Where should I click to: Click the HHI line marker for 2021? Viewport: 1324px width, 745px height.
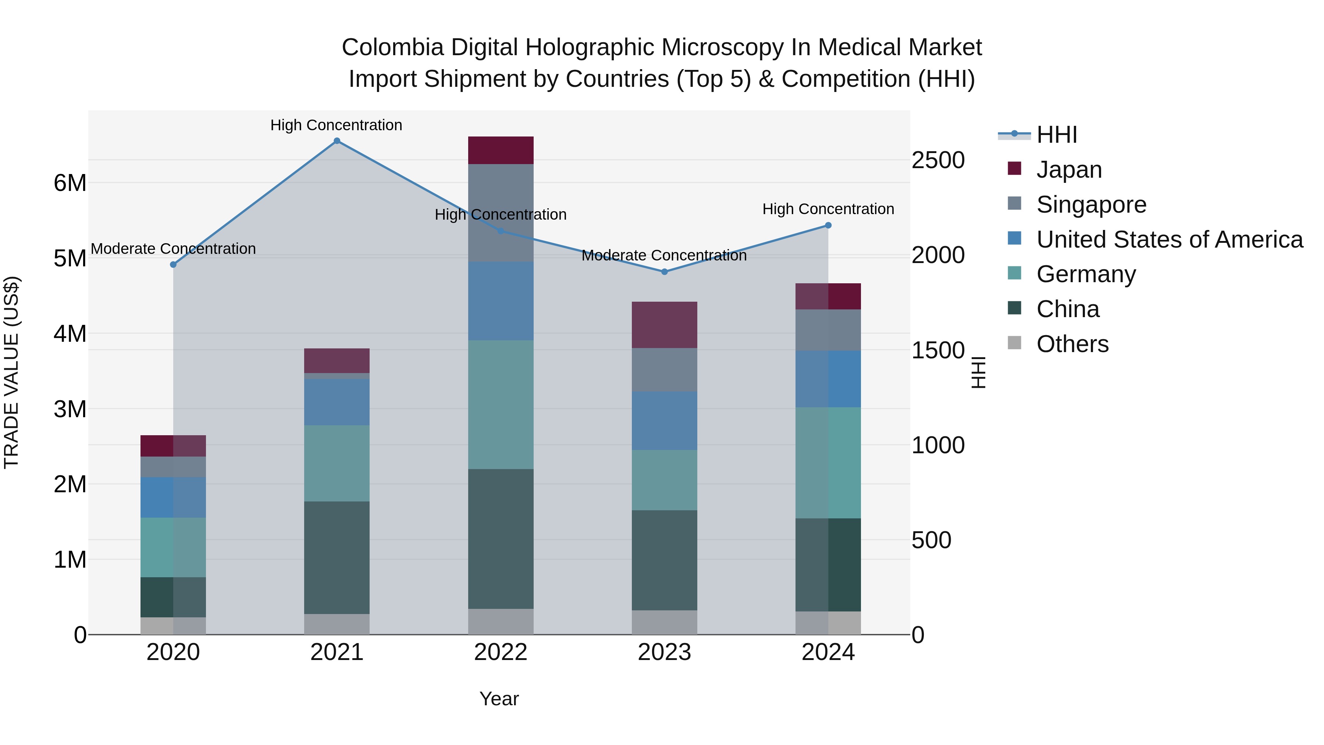[x=337, y=141]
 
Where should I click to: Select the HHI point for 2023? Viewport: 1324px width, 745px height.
[x=664, y=272]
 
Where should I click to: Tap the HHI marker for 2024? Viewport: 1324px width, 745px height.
[x=828, y=225]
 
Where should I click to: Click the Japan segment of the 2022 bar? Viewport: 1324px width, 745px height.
[x=501, y=150]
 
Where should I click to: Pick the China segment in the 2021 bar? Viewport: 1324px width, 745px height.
[x=337, y=557]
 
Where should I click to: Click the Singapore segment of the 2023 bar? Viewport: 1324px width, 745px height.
[x=664, y=370]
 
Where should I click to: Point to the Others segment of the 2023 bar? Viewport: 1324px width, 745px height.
[x=664, y=622]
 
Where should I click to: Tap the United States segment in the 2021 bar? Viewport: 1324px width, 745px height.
[x=337, y=402]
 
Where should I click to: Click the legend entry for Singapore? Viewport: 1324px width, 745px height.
[x=1091, y=205]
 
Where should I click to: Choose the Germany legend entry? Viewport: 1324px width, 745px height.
[x=1086, y=274]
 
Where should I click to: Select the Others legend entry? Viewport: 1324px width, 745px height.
[x=1072, y=344]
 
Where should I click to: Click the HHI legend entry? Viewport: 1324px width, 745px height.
[x=1056, y=135]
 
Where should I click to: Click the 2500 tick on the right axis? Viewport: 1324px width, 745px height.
[x=938, y=160]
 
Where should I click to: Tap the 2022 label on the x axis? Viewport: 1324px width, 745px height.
[x=501, y=652]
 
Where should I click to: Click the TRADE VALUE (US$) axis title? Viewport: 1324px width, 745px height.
[x=12, y=372]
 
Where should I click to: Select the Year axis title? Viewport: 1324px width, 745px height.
[x=499, y=699]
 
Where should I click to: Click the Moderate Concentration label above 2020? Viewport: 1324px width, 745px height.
[x=173, y=249]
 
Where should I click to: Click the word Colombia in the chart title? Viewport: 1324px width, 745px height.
[x=393, y=47]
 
